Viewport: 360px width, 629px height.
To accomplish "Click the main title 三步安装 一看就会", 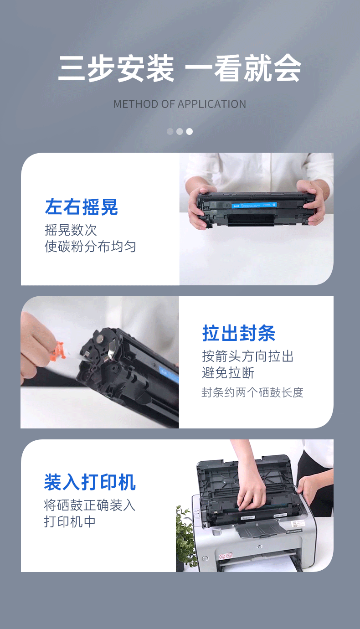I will [180, 69].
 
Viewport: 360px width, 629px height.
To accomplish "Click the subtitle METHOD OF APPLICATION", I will [180, 104].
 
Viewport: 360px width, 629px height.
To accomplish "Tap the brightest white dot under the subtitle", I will [189, 132].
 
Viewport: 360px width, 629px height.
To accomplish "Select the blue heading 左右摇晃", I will [82, 207].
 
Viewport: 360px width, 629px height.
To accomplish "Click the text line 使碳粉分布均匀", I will [90, 247].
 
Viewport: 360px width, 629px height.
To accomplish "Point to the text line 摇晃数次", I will [71, 229].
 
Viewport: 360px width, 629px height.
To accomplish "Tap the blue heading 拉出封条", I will [239, 334].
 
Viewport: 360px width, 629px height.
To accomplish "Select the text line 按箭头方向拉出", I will [248, 356].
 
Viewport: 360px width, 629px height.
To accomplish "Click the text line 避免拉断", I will [228, 373].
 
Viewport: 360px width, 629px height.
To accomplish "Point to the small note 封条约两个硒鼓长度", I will [252, 392].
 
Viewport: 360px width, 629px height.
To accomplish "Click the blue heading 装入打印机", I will [90, 482].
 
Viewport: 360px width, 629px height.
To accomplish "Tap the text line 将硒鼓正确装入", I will [90, 505].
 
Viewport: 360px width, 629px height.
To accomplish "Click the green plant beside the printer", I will [186, 538].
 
